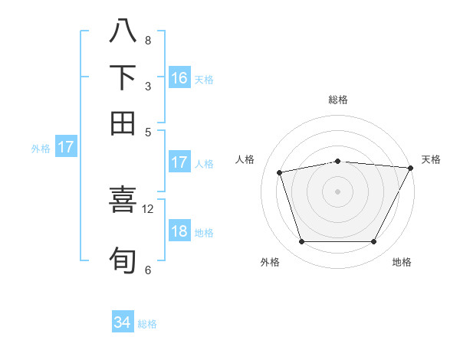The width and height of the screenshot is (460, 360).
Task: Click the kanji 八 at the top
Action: (123, 31)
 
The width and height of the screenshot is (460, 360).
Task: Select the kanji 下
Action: (123, 77)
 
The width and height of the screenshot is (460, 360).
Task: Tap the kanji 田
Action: (123, 123)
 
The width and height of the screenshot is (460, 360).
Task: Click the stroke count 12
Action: (148, 208)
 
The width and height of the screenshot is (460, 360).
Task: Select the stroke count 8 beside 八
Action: (148, 40)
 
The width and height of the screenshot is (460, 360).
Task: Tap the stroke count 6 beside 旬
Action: (148, 270)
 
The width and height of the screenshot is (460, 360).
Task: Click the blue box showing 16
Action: (179, 77)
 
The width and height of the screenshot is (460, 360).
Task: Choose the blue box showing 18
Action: (179, 232)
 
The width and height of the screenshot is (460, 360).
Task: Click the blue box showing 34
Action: (123, 323)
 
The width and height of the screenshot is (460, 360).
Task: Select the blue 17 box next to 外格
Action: (66, 147)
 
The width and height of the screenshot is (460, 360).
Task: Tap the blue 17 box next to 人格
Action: (179, 162)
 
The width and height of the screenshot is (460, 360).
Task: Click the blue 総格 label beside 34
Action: (147, 324)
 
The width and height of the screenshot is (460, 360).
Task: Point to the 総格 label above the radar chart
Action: (337, 100)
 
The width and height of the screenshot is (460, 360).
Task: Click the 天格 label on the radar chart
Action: (432, 159)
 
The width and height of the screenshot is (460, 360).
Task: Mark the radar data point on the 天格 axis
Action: (411, 168)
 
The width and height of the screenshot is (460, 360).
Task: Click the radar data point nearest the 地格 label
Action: (373, 241)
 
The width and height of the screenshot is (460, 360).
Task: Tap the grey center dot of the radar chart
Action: (337, 191)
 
